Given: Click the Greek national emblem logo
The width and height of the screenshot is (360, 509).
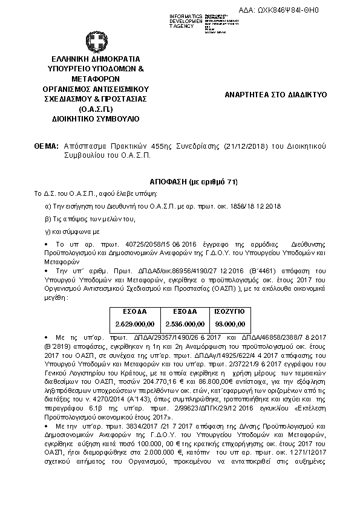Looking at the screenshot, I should click(96, 41).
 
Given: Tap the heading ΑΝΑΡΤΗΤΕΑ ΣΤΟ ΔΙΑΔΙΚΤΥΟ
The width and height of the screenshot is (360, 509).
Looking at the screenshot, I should click(275, 95).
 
